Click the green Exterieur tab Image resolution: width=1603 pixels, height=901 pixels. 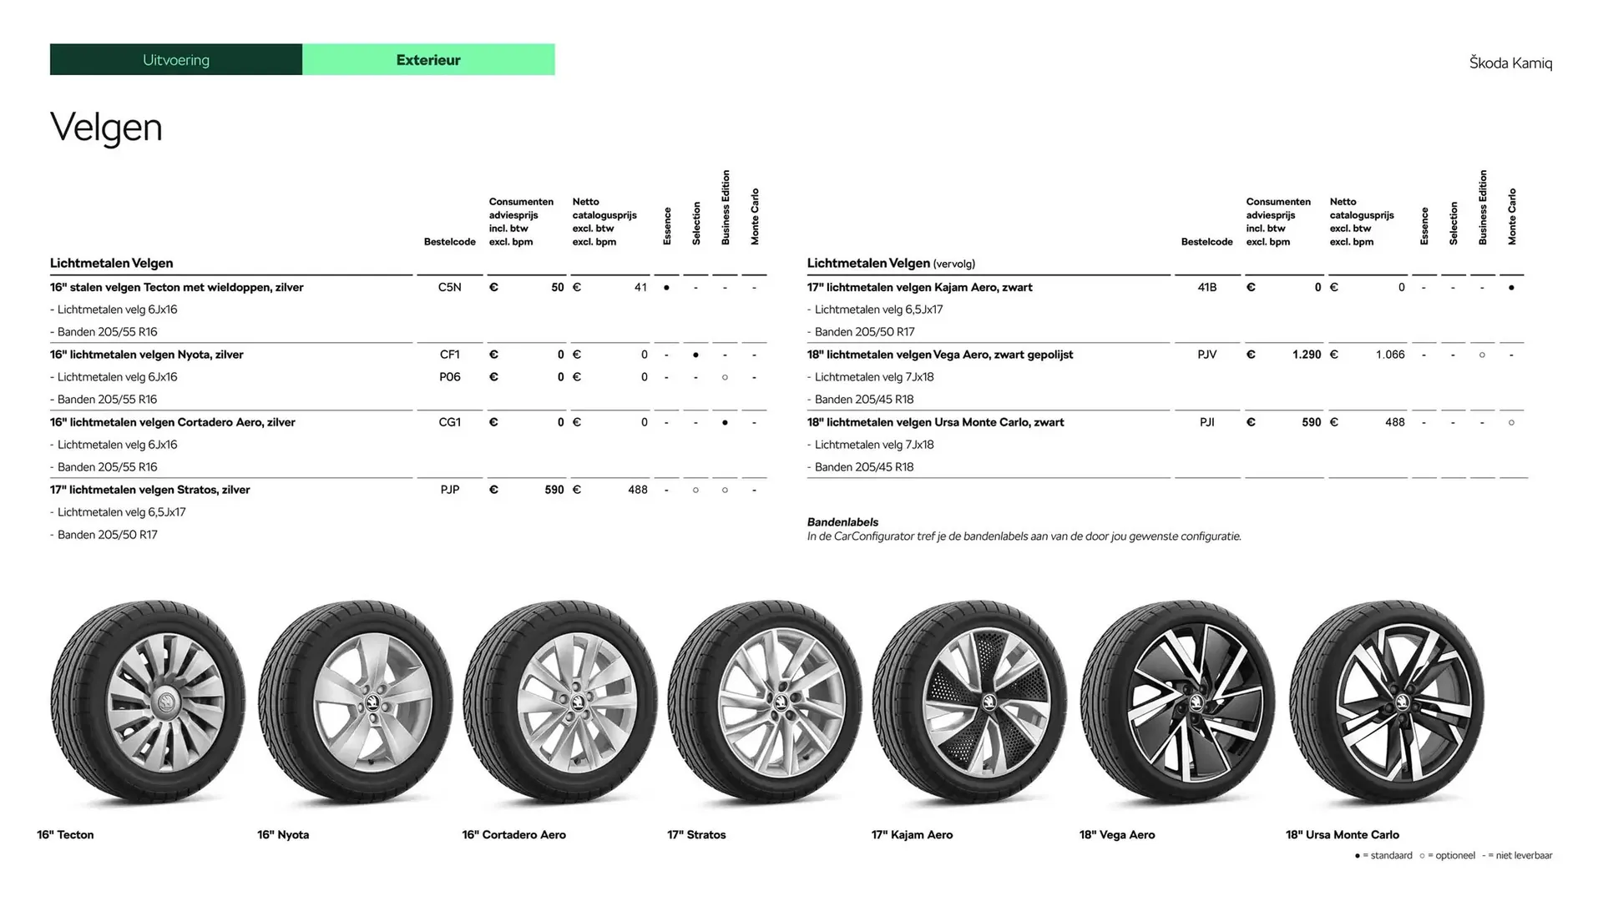(x=428, y=60)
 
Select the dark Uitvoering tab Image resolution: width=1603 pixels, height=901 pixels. (x=176, y=60)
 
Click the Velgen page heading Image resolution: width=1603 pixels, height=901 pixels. (x=106, y=128)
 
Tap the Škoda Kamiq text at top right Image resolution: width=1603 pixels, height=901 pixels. (x=1510, y=63)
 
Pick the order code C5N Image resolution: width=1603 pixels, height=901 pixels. (x=449, y=287)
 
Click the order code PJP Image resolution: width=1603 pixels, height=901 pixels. (x=449, y=490)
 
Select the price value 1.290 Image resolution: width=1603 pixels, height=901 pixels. (x=1307, y=355)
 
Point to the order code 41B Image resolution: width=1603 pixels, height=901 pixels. (x=1206, y=287)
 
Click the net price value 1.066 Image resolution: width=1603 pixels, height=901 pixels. (x=1390, y=355)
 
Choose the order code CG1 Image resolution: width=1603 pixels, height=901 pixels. (x=449, y=422)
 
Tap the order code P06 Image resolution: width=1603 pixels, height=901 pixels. (x=449, y=377)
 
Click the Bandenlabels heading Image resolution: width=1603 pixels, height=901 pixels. (x=842, y=522)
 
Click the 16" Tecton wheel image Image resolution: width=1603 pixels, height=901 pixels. (x=148, y=702)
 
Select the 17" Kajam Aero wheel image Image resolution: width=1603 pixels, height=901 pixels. (x=970, y=702)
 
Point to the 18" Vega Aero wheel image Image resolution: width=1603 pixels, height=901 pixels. (x=1177, y=702)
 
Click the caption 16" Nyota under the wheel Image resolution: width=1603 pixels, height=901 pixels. (x=283, y=834)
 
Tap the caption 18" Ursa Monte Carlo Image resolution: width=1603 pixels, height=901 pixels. (x=1342, y=834)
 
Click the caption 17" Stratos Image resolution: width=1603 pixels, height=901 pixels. (x=696, y=834)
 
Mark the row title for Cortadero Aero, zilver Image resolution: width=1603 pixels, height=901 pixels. (x=172, y=422)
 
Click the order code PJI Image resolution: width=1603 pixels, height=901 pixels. (x=1206, y=422)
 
